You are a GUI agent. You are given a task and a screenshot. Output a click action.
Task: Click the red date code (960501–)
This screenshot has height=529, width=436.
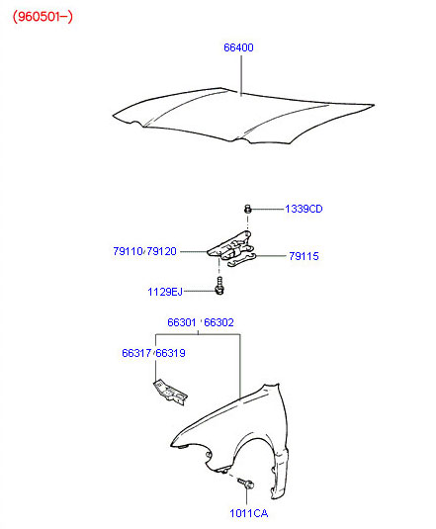(x=43, y=16)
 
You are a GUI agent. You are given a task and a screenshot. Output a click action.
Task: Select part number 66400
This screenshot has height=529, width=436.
(x=238, y=47)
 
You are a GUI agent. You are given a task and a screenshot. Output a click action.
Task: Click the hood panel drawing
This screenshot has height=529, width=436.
(x=243, y=116)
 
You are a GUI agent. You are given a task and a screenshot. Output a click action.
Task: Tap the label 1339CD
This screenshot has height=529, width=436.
(x=304, y=209)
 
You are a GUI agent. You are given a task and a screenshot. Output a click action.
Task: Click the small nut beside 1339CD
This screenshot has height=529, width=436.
(x=248, y=209)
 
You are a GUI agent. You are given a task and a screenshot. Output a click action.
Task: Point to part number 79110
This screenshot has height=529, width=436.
(x=128, y=251)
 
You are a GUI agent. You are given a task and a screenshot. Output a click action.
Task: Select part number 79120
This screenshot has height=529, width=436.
(x=161, y=251)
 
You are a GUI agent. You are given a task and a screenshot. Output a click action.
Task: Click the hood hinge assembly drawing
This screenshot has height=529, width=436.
(x=231, y=248)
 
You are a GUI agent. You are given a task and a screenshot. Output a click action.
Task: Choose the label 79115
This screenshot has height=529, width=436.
(x=304, y=256)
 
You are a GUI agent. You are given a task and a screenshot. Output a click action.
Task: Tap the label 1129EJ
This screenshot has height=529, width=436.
(x=165, y=292)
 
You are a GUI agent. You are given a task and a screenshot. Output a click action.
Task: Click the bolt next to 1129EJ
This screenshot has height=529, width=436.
(x=219, y=286)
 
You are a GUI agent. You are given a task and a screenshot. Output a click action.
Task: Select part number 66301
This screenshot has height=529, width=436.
(x=181, y=322)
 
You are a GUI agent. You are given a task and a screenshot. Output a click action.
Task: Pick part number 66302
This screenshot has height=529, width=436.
(x=218, y=322)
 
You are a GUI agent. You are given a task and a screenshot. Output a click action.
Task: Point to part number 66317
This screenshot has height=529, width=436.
(x=136, y=353)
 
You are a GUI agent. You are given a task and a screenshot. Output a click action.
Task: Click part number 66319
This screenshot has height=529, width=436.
(x=171, y=353)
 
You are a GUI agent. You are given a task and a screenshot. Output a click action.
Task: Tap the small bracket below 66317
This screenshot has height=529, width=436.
(x=170, y=393)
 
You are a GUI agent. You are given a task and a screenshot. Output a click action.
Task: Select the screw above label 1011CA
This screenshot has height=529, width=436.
(x=246, y=483)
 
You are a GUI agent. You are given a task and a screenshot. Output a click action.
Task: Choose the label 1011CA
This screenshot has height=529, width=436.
(x=249, y=513)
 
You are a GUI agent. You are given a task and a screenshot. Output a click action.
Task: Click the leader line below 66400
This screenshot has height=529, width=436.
(x=241, y=75)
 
